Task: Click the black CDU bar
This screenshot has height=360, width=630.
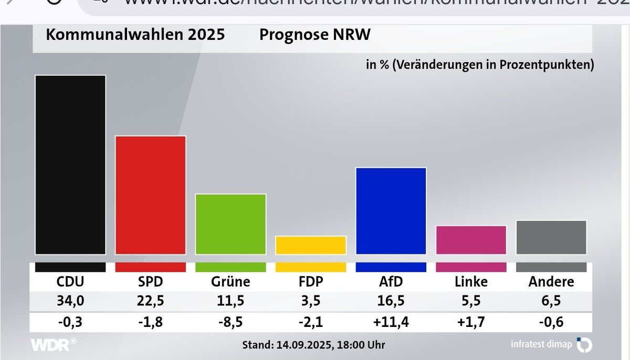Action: pos(70,165)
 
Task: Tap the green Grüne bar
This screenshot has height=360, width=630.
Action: pos(231,224)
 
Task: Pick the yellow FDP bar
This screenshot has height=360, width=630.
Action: pos(311,245)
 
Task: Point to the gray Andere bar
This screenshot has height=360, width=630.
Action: pos(551,237)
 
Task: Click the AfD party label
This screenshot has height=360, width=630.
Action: pos(391,282)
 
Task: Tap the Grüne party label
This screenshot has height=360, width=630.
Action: pos(230,282)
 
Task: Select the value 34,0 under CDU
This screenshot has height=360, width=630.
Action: pos(70,301)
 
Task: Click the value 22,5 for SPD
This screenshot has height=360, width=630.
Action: pos(151,301)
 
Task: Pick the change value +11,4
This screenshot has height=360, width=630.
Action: pos(391,321)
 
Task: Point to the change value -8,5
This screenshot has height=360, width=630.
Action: pos(230,321)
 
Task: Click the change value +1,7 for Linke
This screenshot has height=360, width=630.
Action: pos(471,321)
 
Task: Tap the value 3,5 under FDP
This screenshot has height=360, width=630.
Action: pos(311,301)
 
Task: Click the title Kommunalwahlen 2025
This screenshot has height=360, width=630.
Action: pos(135,35)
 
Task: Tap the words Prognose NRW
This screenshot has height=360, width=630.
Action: pos(315,35)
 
